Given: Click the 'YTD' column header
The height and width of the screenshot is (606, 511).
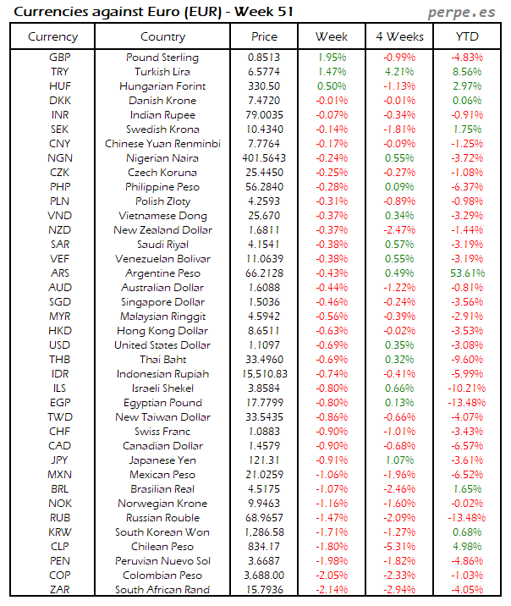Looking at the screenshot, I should click(x=468, y=36).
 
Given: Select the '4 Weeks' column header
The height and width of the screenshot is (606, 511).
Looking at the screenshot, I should click(x=399, y=36).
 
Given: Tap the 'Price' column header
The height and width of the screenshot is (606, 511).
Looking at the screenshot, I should click(x=264, y=36).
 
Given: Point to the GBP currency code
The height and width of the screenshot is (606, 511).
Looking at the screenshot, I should click(x=60, y=58).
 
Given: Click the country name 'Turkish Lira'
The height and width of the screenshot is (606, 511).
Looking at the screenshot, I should click(x=162, y=72).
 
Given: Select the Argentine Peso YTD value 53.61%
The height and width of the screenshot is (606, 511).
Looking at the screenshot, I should click(x=468, y=273).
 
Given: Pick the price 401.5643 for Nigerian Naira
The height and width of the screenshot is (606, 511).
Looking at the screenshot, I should click(x=264, y=158).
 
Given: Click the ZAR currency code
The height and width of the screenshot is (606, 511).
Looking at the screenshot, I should click(x=60, y=590).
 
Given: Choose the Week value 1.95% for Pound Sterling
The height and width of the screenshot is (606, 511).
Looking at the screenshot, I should click(x=331, y=58).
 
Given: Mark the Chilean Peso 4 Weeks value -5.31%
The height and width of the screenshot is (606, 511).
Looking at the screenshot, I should click(x=399, y=547).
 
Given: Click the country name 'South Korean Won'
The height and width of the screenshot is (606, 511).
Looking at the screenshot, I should click(x=162, y=532).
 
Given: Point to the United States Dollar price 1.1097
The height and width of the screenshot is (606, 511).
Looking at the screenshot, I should click(x=264, y=345).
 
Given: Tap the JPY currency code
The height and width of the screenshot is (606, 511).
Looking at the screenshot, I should click(x=60, y=460).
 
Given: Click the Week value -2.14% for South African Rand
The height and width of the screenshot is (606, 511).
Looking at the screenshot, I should click(x=331, y=590).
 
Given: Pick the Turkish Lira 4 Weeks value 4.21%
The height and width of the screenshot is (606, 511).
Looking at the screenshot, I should click(x=399, y=72).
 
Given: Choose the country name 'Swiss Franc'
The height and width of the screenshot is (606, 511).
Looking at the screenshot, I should click(x=162, y=432).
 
